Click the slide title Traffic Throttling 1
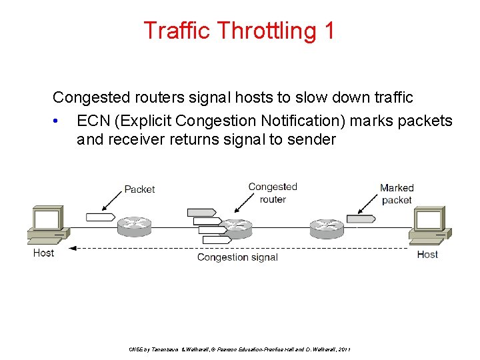[239, 30]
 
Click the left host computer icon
[47, 225]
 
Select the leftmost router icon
[135, 227]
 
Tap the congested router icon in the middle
[236, 228]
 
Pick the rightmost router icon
[327, 227]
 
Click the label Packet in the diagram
[139, 189]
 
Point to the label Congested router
[272, 193]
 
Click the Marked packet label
[397, 193]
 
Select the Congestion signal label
[237, 257]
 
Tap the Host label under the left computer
[43, 253]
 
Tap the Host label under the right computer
[427, 254]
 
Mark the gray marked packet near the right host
[361, 218]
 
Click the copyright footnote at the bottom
[239, 349]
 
